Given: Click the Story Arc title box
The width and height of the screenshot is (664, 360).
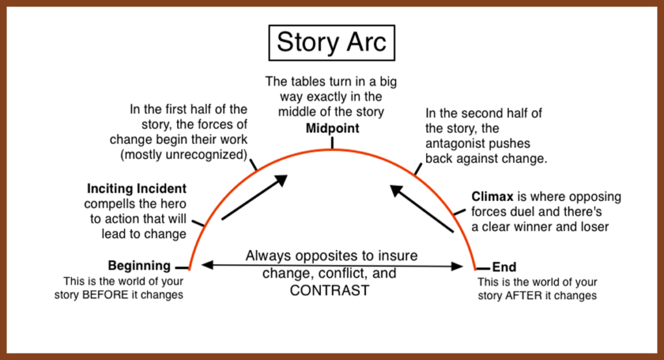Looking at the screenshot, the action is (x=331, y=42).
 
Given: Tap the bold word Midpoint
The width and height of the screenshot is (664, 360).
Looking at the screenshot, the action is (x=332, y=128).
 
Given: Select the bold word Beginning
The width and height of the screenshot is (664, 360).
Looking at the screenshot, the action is (x=139, y=265).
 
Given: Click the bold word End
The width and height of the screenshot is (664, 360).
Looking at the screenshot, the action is (x=504, y=267).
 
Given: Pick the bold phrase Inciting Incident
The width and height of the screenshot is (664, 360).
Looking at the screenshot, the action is (x=137, y=189).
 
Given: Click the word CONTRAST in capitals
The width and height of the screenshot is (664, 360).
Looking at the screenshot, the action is (x=329, y=290).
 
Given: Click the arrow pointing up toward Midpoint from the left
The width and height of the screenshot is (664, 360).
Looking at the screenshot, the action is (x=254, y=197).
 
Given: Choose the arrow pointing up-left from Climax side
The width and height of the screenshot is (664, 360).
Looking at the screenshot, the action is (x=421, y=209).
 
